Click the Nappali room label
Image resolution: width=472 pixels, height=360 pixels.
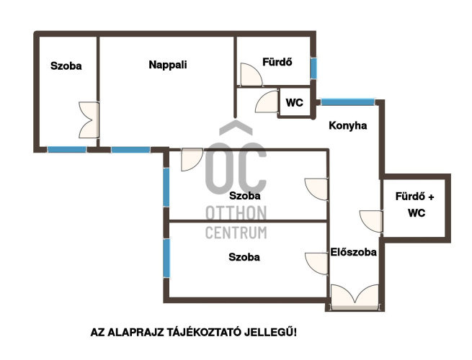point(168,65)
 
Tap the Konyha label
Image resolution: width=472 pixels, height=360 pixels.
point(347,125)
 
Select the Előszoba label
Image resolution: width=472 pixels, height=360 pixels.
point(353,252)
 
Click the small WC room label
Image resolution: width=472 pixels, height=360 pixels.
point(295,102)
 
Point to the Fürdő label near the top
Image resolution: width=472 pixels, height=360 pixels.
point(277,62)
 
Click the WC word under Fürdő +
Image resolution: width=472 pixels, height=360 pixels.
point(417,213)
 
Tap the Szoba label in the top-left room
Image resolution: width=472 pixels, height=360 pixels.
point(66,66)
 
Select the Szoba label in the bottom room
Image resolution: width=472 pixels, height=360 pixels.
point(244,257)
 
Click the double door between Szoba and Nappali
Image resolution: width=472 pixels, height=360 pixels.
point(89,120)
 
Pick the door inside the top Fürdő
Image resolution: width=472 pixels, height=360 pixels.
point(251,75)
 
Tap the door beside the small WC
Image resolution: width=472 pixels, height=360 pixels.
point(267,102)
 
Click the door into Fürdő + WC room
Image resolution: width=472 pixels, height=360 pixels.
point(371,221)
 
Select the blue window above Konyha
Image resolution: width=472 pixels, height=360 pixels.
point(347,102)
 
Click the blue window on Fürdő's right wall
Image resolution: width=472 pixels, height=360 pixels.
point(313,68)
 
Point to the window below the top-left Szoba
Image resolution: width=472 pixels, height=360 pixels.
point(67,150)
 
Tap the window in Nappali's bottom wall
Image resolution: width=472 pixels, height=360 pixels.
point(130,150)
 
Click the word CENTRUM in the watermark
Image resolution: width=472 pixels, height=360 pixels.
point(236,232)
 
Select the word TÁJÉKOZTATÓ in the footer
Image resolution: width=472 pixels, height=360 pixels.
point(204,333)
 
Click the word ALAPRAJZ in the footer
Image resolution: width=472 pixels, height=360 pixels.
point(135,333)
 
